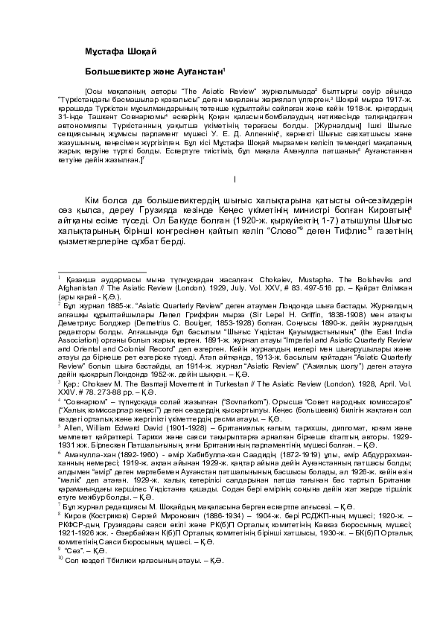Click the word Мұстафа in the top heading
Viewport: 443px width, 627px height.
tap(75, 50)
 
